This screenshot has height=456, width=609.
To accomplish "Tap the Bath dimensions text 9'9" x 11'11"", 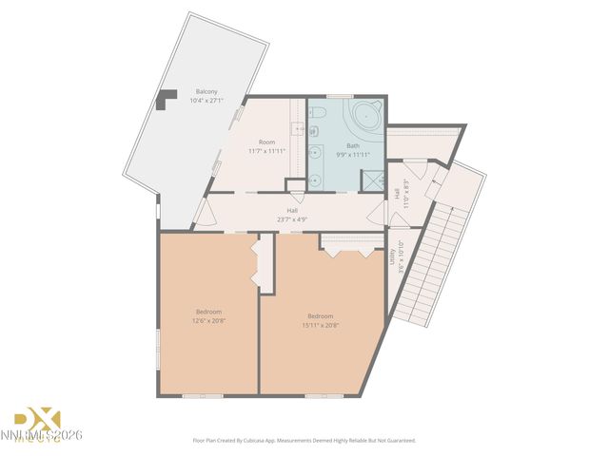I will tap(346, 153).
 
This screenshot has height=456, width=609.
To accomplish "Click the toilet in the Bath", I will tap(318, 115).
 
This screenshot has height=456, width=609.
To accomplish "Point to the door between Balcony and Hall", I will tap(201, 212).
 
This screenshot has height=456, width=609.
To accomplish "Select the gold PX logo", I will tap(37, 419).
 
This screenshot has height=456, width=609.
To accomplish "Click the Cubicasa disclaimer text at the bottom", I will tap(304, 441).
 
